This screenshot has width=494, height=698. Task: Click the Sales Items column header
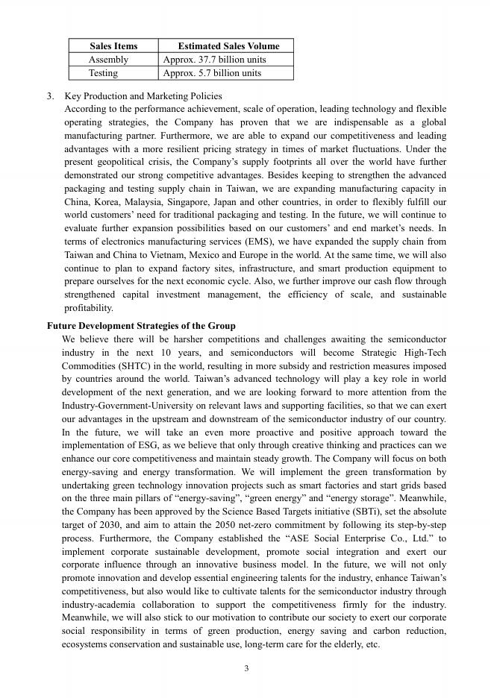click(x=113, y=45)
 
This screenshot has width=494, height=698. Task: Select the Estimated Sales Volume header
click(x=228, y=45)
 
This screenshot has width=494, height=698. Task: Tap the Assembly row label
click(x=108, y=60)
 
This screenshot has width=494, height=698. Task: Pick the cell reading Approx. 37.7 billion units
click(x=214, y=60)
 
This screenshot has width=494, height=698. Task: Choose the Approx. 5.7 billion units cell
click(x=212, y=73)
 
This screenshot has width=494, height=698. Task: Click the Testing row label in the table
click(x=103, y=73)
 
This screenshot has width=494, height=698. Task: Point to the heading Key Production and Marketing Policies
click(x=143, y=96)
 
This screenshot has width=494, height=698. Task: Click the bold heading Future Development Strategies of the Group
click(x=141, y=326)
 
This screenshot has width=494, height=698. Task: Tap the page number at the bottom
click(x=246, y=668)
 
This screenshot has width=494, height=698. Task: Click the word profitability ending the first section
click(x=89, y=307)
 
